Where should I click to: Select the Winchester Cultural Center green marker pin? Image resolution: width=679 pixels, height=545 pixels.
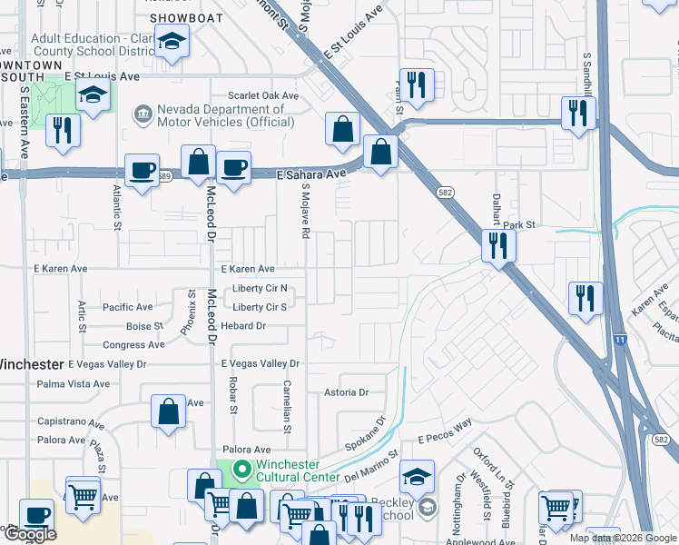click(x=241, y=471)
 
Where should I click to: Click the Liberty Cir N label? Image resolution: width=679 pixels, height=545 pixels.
click(x=260, y=289)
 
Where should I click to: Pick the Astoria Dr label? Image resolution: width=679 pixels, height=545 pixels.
click(x=347, y=393)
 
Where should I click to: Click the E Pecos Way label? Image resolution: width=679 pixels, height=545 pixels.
click(x=446, y=431)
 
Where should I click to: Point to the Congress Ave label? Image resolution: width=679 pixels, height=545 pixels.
click(x=133, y=345)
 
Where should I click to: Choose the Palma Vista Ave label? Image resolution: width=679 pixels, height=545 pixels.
click(x=73, y=384)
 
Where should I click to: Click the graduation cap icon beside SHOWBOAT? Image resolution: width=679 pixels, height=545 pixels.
click(x=170, y=43)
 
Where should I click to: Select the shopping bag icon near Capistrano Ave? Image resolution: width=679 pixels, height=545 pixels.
click(x=169, y=412)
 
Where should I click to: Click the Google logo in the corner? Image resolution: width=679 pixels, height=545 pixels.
click(x=30, y=534)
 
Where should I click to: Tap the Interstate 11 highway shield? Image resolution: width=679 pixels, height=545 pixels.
click(x=619, y=339)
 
